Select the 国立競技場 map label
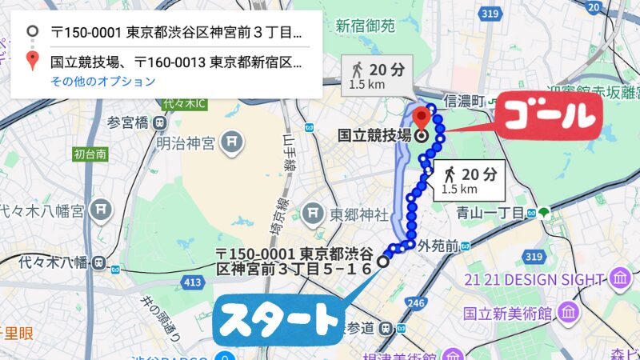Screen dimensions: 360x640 (x=374, y=135)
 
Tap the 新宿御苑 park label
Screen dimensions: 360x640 (x=365, y=26)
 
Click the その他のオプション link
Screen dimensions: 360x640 (x=102, y=81)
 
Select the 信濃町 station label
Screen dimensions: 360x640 (x=466, y=102)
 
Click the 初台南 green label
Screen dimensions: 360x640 (x=90, y=154)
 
